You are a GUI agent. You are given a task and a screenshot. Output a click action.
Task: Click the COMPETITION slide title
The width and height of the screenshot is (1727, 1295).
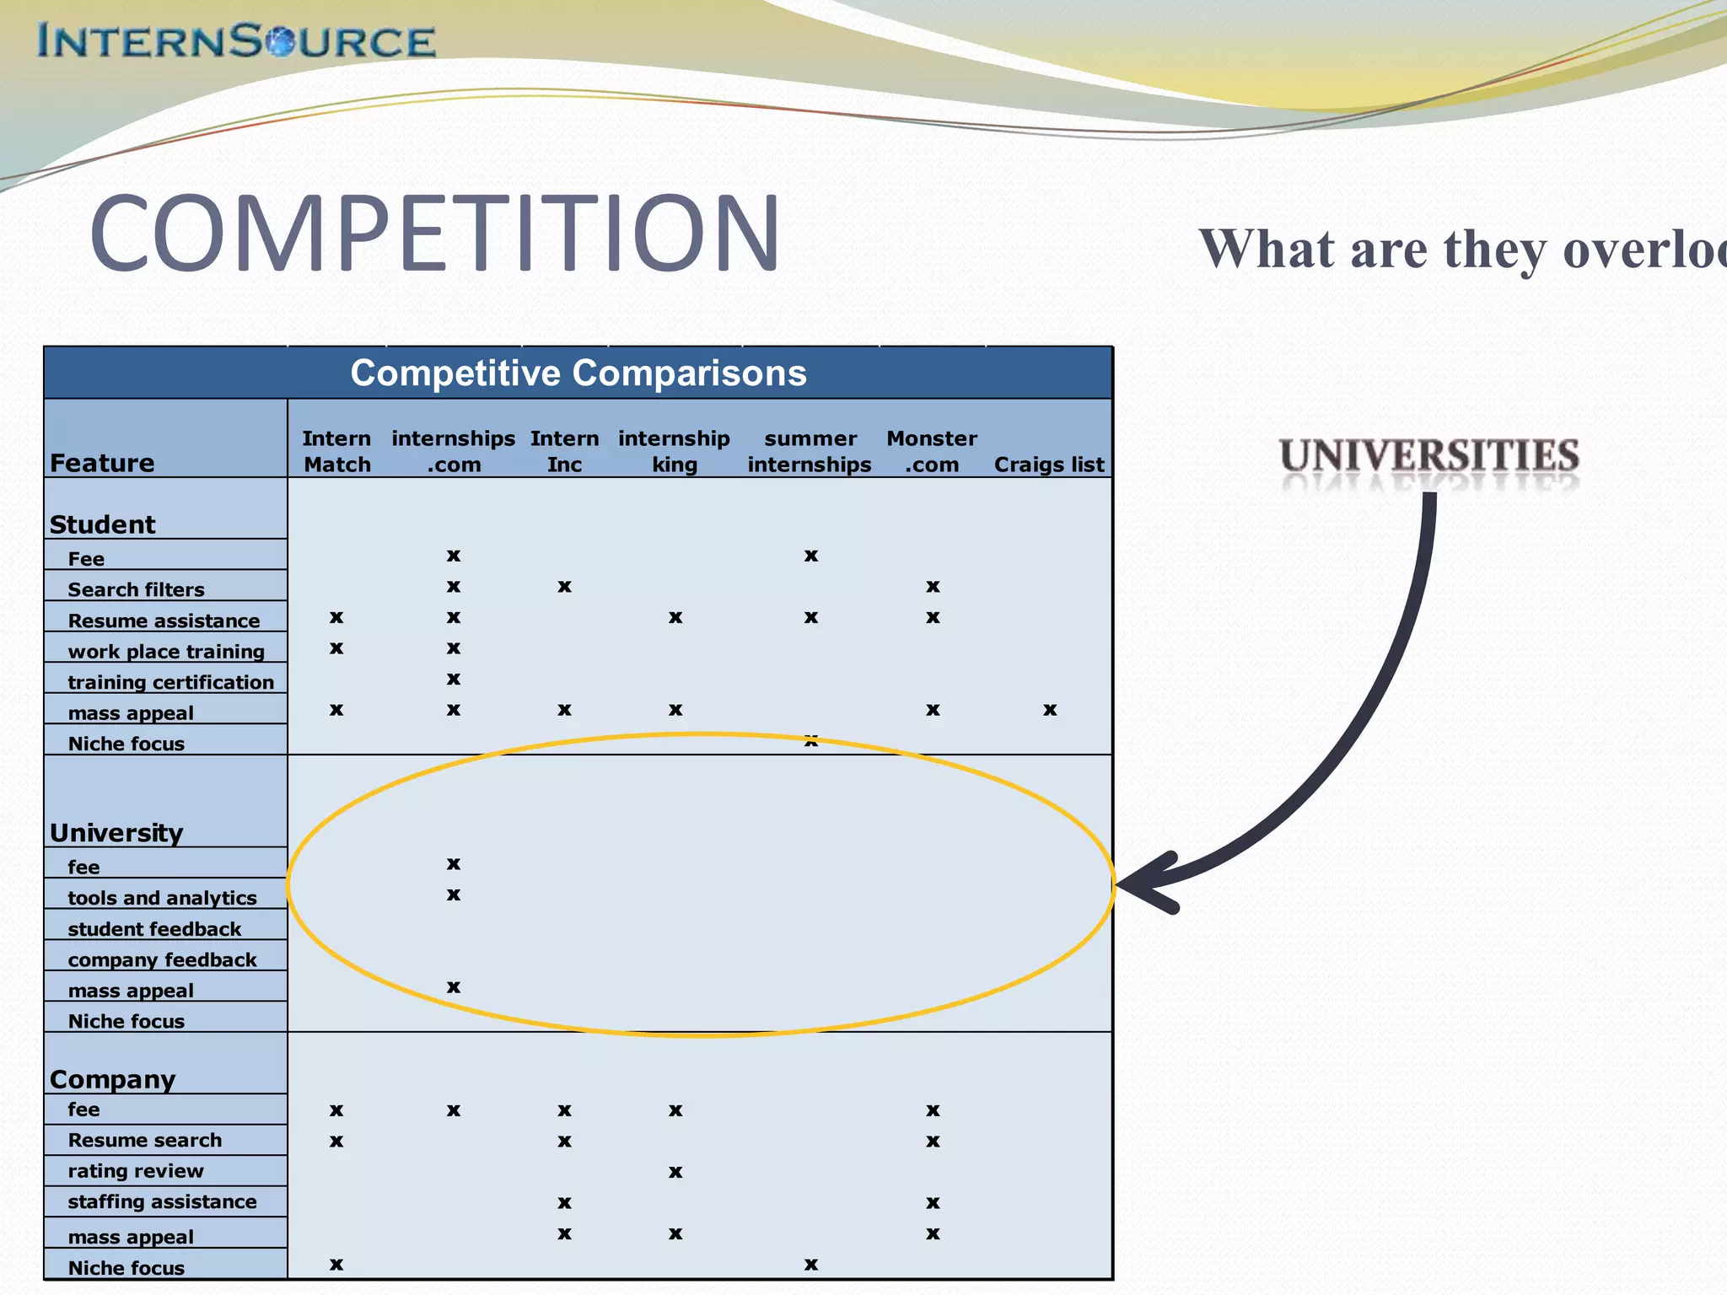[x=435, y=233]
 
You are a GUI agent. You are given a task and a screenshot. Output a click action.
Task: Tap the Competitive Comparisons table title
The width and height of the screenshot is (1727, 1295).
[x=578, y=373]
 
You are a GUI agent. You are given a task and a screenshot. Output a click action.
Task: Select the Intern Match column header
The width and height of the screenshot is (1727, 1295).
[x=336, y=451]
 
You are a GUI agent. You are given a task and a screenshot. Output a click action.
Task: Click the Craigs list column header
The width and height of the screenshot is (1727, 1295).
[x=1049, y=465]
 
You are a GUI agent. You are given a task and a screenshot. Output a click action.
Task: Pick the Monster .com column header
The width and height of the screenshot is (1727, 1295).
[x=932, y=451]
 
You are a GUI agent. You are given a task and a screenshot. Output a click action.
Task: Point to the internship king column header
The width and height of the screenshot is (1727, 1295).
[x=674, y=451]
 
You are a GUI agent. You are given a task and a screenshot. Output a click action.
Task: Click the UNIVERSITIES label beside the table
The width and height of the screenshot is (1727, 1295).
[x=1429, y=455]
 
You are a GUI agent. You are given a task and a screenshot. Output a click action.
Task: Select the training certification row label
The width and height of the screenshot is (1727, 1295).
[x=170, y=682]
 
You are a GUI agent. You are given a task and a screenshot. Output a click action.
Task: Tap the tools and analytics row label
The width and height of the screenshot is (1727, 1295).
[x=162, y=898]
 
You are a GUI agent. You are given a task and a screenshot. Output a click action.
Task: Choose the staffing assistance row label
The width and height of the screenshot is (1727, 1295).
[x=162, y=1201]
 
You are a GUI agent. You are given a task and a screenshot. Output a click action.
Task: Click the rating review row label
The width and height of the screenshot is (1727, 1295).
[x=136, y=1171]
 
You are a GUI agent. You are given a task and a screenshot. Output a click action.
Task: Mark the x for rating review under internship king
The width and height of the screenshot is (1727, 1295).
[x=675, y=1172]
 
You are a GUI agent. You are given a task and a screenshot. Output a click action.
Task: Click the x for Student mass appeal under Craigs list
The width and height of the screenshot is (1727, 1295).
[x=1050, y=710]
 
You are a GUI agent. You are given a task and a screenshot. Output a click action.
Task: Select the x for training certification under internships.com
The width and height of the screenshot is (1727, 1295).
[x=454, y=679]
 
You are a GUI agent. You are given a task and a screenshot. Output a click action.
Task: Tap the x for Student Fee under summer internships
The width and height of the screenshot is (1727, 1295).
[x=811, y=556]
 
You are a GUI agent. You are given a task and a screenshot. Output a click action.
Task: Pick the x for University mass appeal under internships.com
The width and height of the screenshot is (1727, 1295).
[x=454, y=986]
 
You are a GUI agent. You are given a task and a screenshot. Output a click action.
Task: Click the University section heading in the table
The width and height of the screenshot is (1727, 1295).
[x=116, y=833]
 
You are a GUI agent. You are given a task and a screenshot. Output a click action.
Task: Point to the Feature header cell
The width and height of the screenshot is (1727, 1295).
[x=102, y=463]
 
